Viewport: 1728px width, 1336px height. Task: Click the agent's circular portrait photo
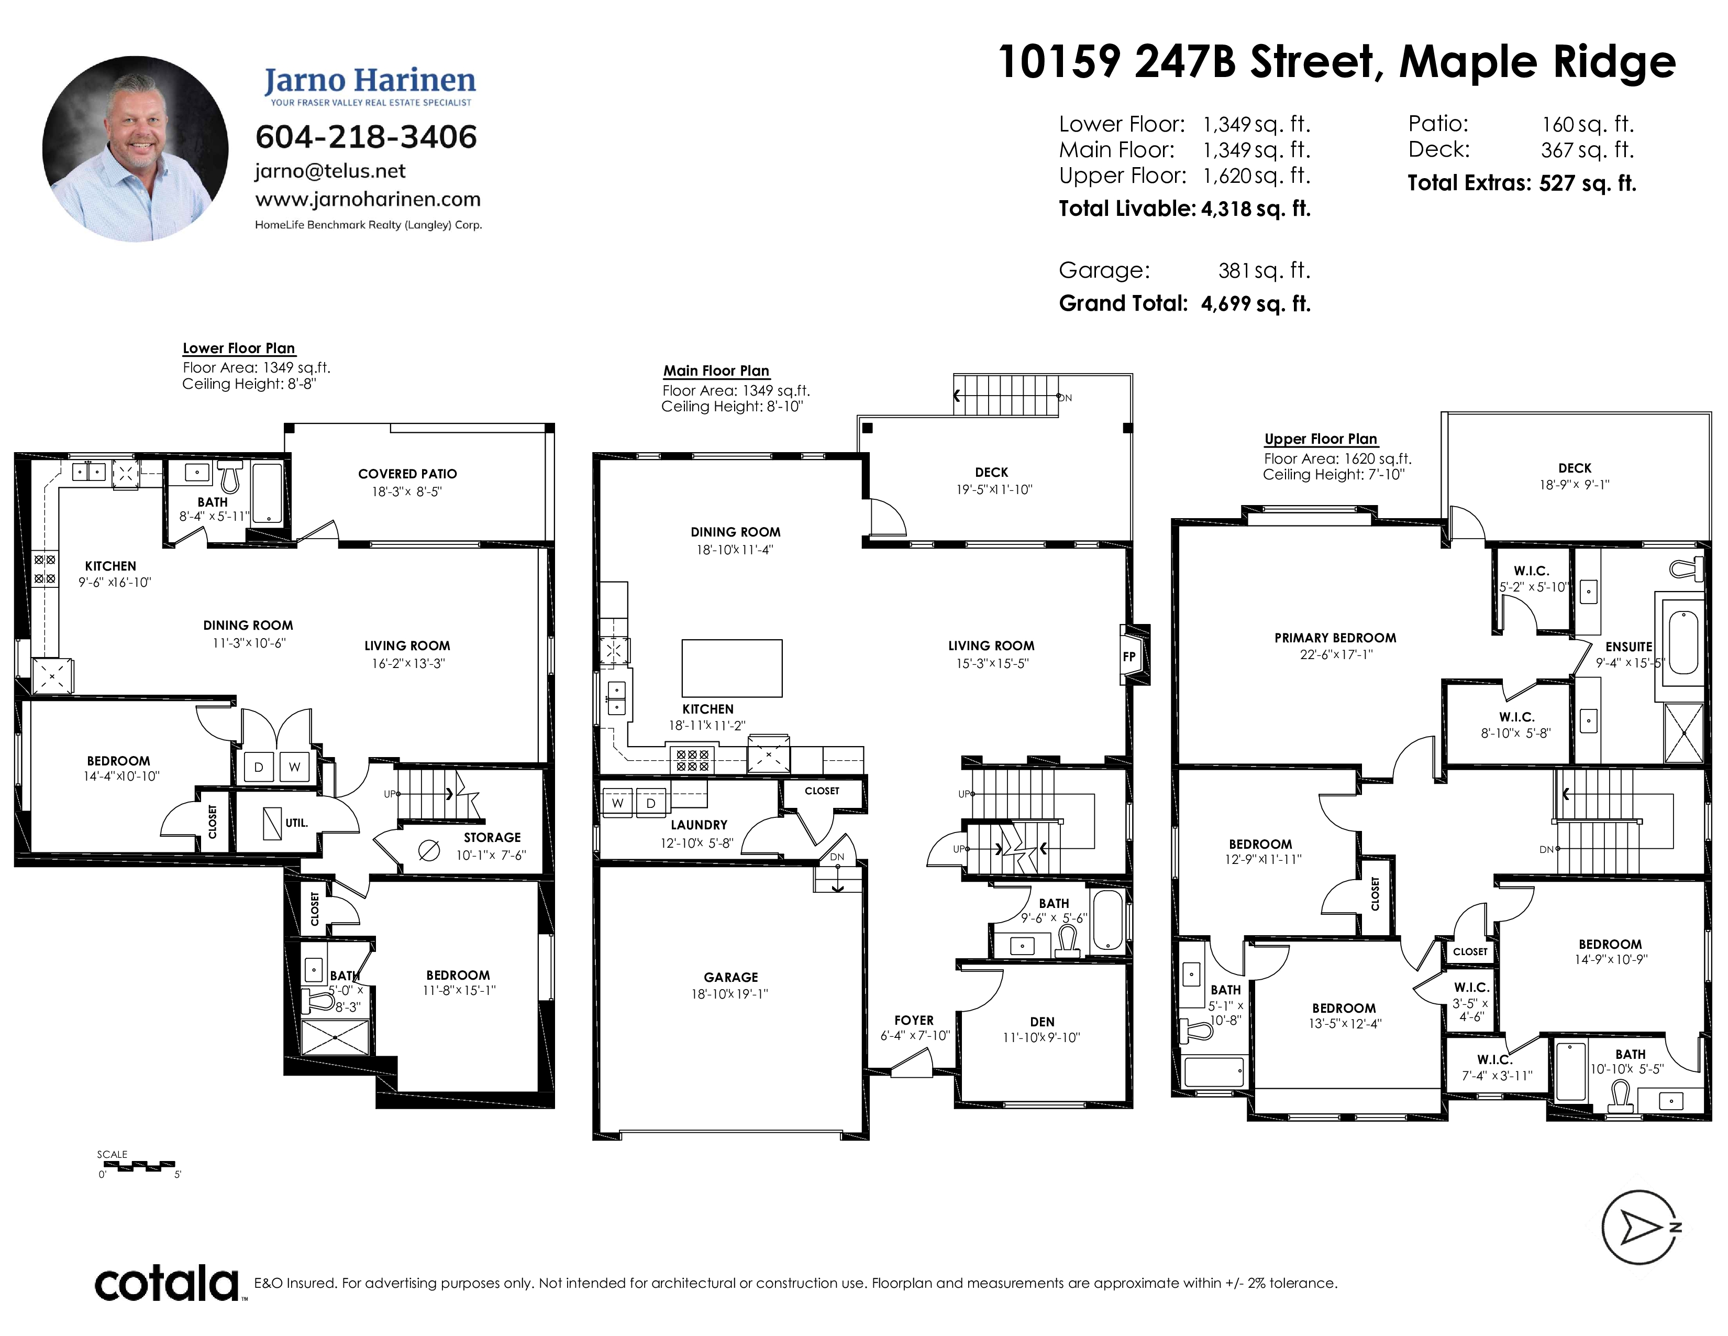click(135, 149)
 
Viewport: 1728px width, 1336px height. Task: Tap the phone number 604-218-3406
click(367, 137)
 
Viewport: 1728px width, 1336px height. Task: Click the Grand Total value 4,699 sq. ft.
click(1256, 304)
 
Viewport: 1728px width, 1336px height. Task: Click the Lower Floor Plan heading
click(239, 348)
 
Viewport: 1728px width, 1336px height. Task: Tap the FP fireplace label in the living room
click(1129, 656)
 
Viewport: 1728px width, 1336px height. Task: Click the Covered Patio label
click(407, 474)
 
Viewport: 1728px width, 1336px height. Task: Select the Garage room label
click(731, 978)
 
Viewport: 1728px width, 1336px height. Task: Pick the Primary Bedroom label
click(1336, 638)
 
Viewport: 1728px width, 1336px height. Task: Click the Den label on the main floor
click(1042, 1022)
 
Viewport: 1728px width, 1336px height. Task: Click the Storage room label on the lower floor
click(492, 837)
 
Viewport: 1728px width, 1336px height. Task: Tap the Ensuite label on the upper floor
click(1629, 647)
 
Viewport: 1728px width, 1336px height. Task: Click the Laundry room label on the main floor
click(699, 825)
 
